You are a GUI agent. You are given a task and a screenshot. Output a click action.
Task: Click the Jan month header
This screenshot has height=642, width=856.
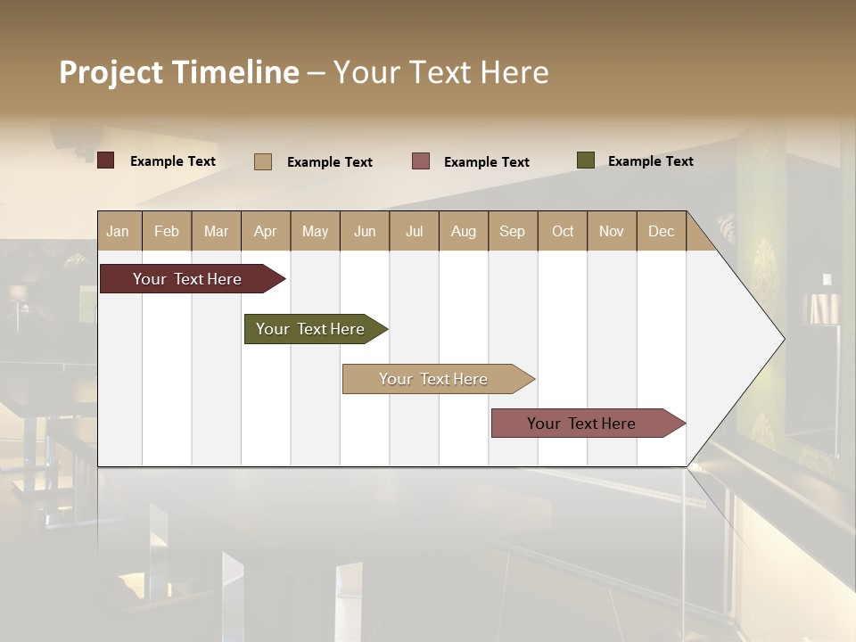pyautogui.click(x=118, y=231)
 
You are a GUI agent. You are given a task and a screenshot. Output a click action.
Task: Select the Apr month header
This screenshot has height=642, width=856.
pyautogui.click(x=265, y=231)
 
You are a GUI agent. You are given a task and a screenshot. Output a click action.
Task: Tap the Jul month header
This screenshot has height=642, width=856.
pyautogui.click(x=414, y=231)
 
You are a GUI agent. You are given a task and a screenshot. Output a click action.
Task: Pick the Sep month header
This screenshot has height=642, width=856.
pyautogui.click(x=512, y=231)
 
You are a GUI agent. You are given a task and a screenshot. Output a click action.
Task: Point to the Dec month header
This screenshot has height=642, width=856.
pyautogui.click(x=661, y=231)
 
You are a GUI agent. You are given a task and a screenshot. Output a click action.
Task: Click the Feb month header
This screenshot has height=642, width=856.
pyautogui.click(x=167, y=231)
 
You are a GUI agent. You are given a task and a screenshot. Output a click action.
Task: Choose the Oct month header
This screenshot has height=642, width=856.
pyautogui.click(x=563, y=231)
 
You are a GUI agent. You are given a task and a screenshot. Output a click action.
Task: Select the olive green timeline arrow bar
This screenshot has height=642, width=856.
pyautogui.click(x=312, y=329)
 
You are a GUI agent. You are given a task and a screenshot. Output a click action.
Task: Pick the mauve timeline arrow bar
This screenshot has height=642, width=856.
pyautogui.click(x=584, y=424)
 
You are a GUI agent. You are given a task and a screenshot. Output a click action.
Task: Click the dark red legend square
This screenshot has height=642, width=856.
pyautogui.click(x=106, y=160)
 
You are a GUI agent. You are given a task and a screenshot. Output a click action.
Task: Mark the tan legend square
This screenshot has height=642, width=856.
pyautogui.click(x=263, y=161)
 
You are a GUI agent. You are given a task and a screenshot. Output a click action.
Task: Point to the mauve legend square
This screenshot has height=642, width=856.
pyautogui.click(x=421, y=161)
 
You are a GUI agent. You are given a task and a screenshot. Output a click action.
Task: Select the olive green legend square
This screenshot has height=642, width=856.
pyautogui.click(x=585, y=160)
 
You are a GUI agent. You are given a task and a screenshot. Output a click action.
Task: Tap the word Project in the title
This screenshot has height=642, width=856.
pyautogui.click(x=111, y=72)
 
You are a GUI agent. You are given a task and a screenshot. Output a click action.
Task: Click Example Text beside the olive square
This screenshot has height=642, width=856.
pyautogui.click(x=650, y=161)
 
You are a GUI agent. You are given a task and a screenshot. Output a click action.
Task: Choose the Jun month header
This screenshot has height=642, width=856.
pyautogui.click(x=365, y=231)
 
